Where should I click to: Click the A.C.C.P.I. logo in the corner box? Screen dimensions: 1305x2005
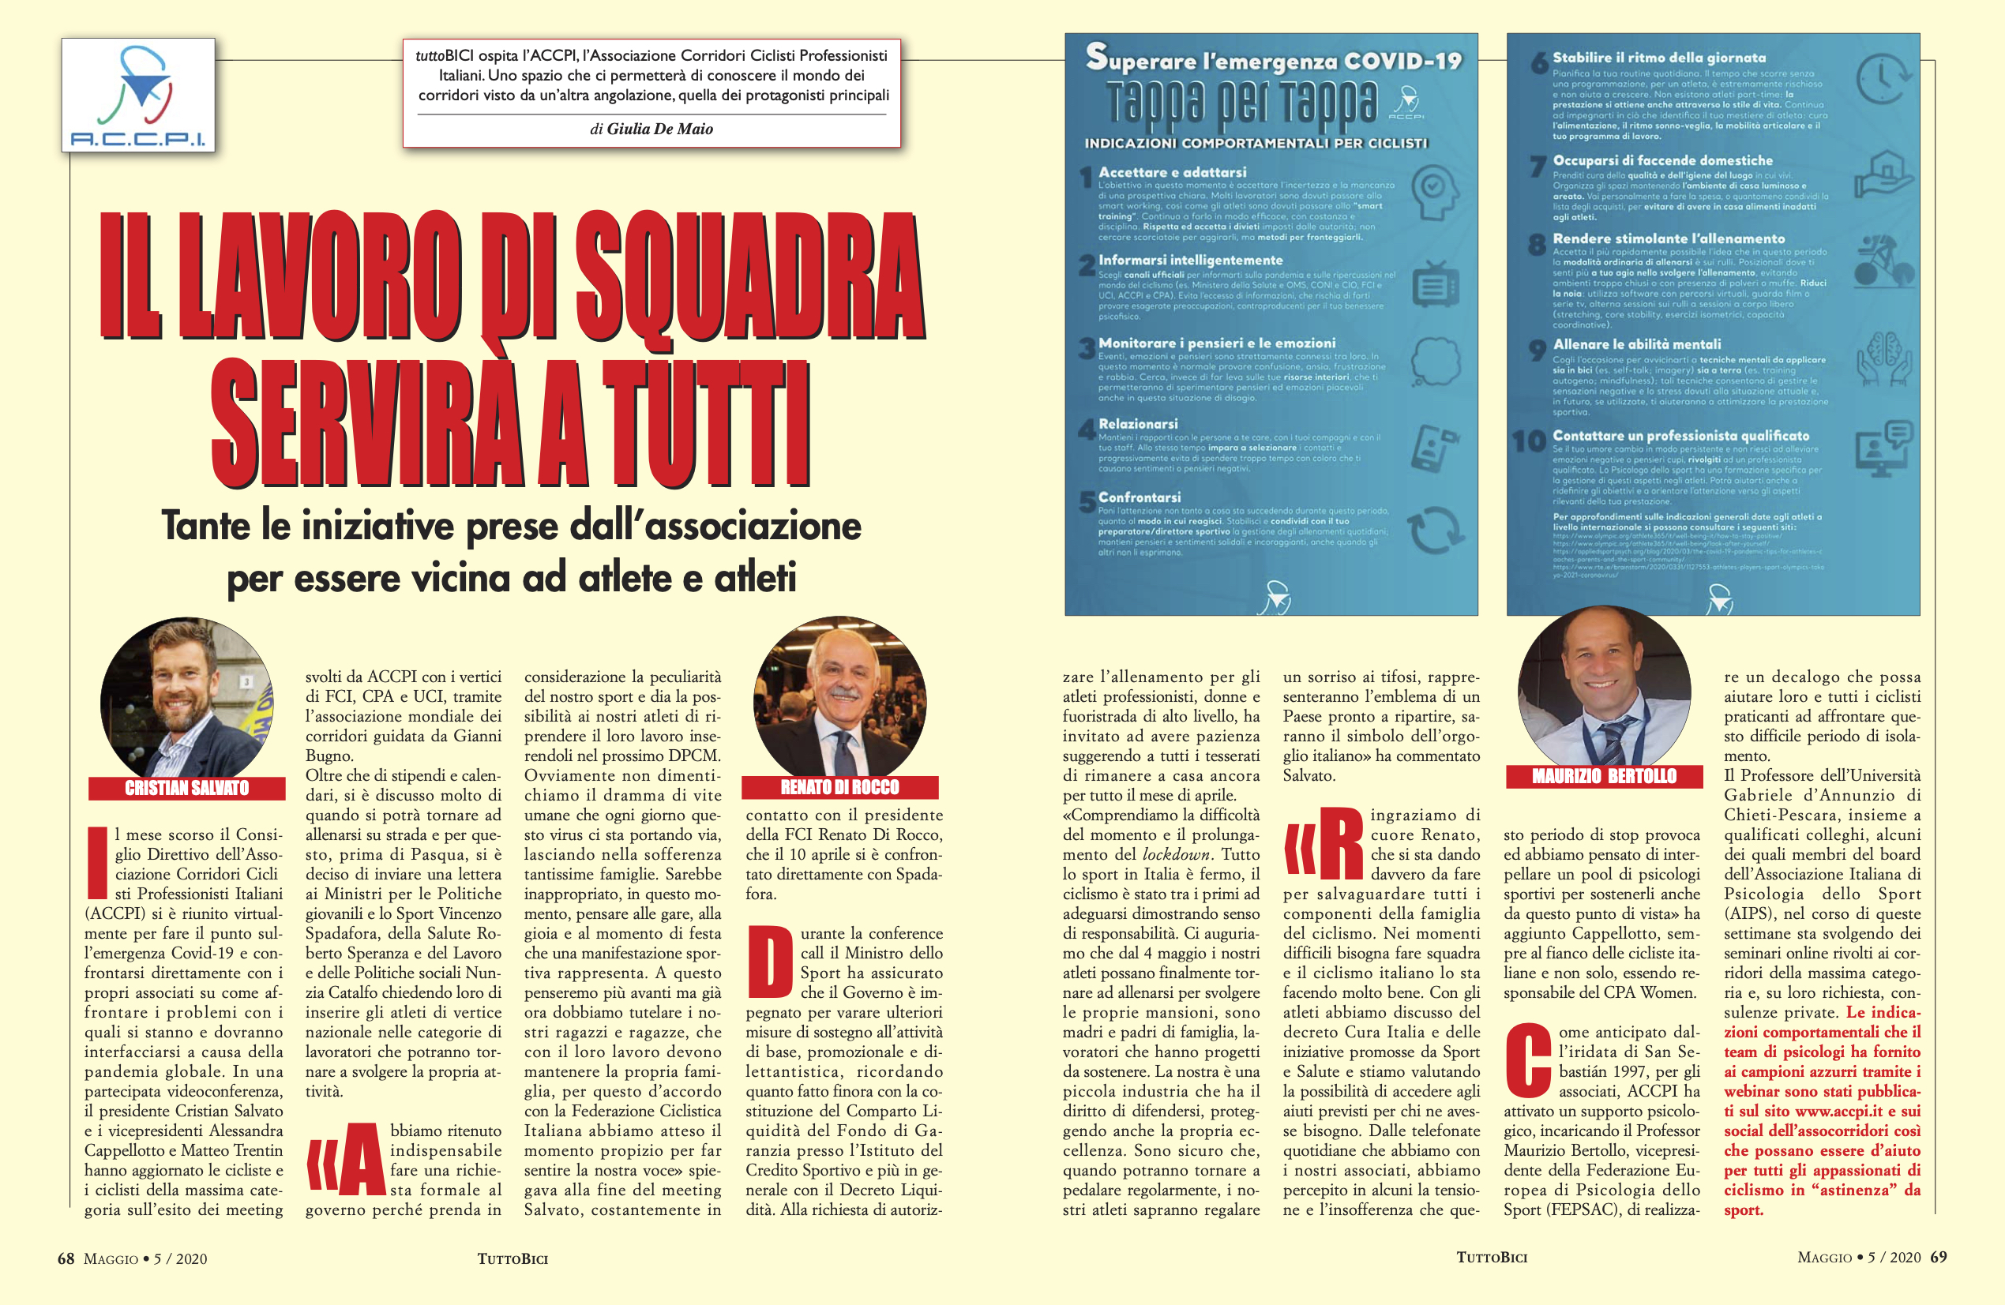(x=138, y=96)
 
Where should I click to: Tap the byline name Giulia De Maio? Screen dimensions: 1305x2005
(x=659, y=129)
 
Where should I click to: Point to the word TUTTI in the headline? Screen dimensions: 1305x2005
(x=708, y=424)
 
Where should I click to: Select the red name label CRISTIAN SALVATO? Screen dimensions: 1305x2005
(x=187, y=788)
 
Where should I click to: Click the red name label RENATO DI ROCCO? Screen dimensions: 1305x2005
(x=840, y=787)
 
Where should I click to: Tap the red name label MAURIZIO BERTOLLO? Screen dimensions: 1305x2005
(x=1604, y=776)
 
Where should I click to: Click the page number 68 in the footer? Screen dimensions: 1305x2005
(x=66, y=1258)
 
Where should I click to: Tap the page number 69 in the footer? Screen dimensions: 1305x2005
(x=1939, y=1257)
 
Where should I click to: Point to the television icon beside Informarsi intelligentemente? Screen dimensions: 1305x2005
(x=1435, y=285)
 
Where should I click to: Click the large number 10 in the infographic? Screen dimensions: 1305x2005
(x=1529, y=441)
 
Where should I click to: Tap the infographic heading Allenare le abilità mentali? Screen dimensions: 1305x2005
(x=1637, y=343)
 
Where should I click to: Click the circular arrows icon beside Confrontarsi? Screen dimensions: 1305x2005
(x=1434, y=529)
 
